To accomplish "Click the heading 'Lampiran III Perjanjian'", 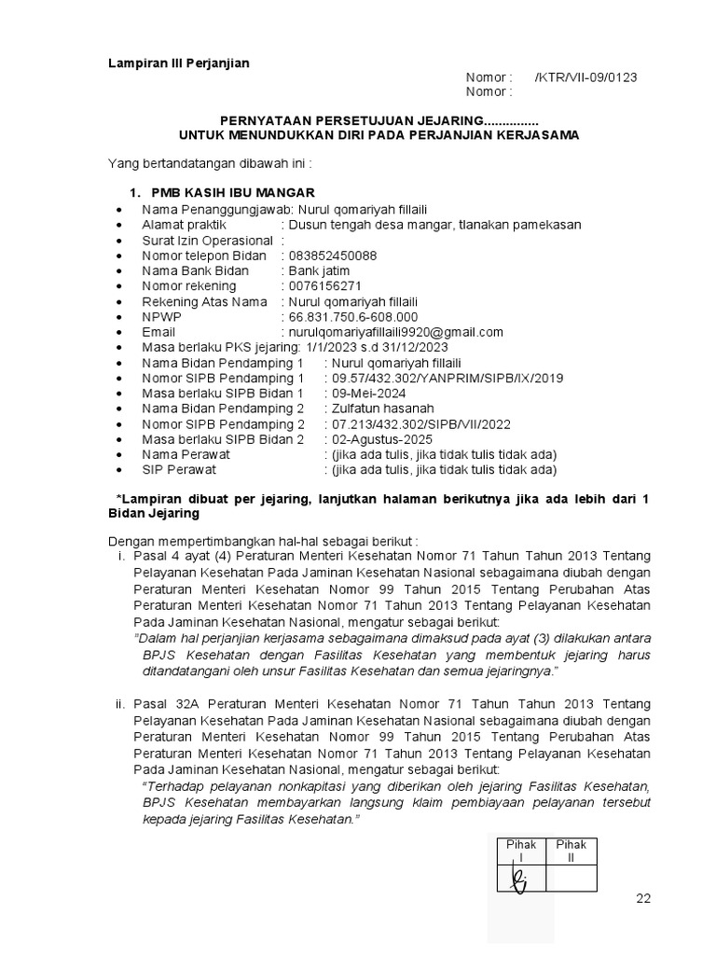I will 179,62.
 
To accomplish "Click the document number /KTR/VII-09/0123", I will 585,77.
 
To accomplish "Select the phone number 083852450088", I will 333,256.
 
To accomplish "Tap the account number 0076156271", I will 325,286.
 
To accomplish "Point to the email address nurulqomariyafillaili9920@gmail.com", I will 396,332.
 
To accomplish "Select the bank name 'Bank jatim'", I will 319,271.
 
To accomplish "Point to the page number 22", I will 643,898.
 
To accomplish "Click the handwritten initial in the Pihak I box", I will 519,879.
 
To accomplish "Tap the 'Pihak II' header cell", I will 571,851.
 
